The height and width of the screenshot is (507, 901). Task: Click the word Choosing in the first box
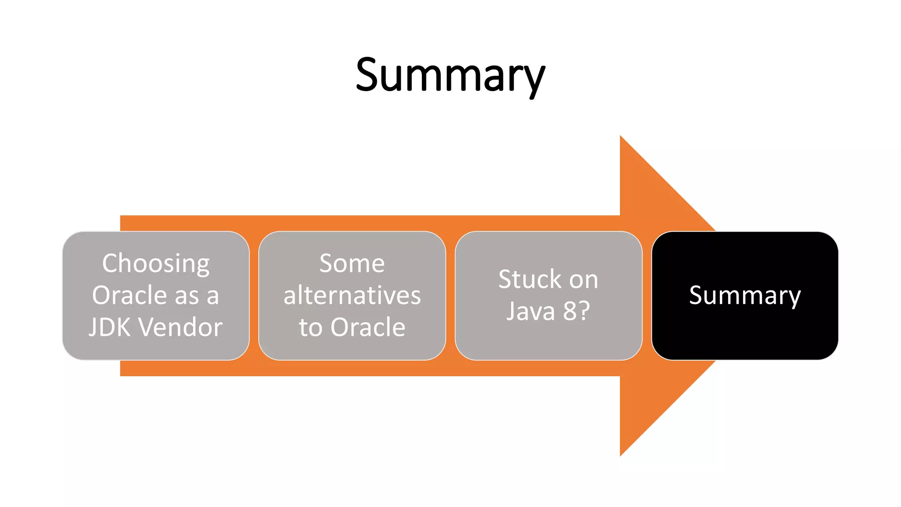pyautogui.click(x=156, y=264)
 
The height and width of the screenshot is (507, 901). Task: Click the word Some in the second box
pyautogui.click(x=352, y=264)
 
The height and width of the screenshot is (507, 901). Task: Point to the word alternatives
pyautogui.click(x=352, y=295)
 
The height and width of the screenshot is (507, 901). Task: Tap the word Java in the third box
pyautogui.click(x=531, y=311)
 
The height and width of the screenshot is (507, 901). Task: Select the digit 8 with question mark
pyautogui.click(x=576, y=311)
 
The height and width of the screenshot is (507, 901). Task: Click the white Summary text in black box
pyautogui.click(x=745, y=295)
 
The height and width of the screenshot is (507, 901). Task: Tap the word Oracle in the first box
pyautogui.click(x=129, y=295)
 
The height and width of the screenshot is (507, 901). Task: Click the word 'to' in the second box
pyautogui.click(x=311, y=328)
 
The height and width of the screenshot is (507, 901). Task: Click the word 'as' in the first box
pyautogui.click(x=187, y=296)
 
